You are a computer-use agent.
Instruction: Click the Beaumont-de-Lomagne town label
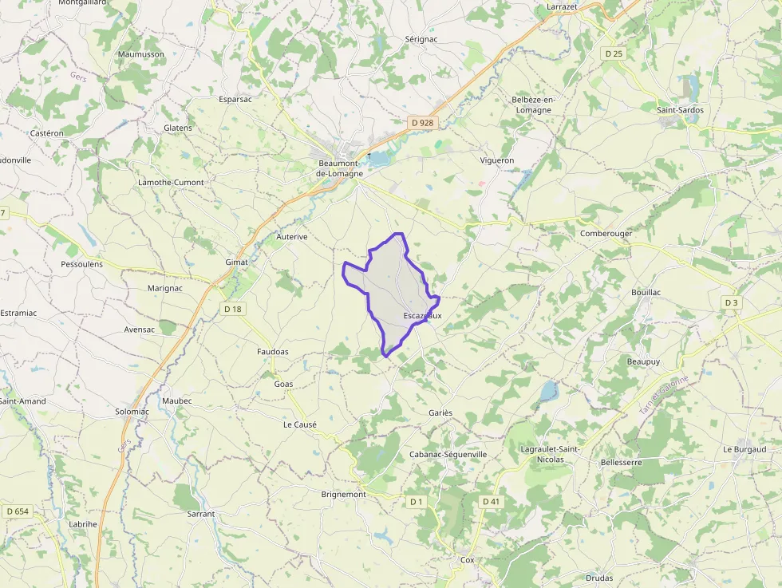pyautogui.click(x=340, y=168)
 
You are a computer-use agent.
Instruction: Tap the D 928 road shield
pyautogui.click(x=421, y=122)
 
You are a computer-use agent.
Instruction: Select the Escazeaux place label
pyautogui.click(x=422, y=316)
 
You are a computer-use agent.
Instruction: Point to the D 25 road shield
pyautogui.click(x=613, y=53)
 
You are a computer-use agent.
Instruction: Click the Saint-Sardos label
pyautogui.click(x=679, y=109)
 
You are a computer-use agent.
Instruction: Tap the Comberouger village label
pyautogui.click(x=606, y=233)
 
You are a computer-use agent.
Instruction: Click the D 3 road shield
pyautogui.click(x=732, y=303)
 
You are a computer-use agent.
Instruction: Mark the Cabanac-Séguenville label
pyautogui.click(x=448, y=454)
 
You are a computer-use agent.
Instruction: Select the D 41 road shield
pyautogui.click(x=491, y=501)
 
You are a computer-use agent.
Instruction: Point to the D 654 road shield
pyautogui.click(x=17, y=511)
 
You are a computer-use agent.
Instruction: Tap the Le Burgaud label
pyautogui.click(x=744, y=449)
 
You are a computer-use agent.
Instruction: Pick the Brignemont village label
pyautogui.click(x=343, y=495)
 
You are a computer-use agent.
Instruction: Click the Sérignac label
pyautogui.click(x=421, y=39)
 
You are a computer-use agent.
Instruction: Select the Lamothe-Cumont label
pyautogui.click(x=171, y=183)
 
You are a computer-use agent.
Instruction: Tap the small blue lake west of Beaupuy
pyautogui.click(x=547, y=391)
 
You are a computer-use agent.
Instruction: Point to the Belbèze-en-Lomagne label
pyautogui.click(x=533, y=105)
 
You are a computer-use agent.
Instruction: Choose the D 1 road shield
pyautogui.click(x=416, y=501)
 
